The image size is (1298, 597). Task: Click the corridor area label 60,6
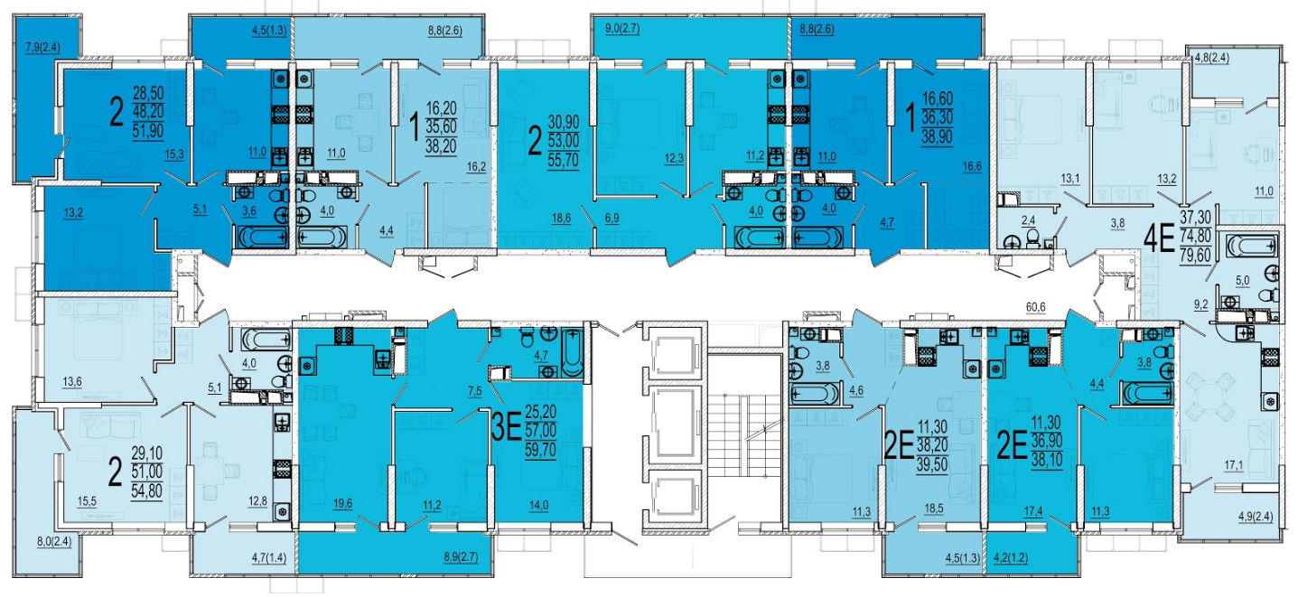[x=1035, y=306]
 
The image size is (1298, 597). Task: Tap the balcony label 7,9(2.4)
[x=42, y=47]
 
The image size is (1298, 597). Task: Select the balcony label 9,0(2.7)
[x=622, y=28]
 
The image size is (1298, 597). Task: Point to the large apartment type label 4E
[x=1158, y=238]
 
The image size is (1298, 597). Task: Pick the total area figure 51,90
[x=148, y=131]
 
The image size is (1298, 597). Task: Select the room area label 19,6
[x=342, y=503]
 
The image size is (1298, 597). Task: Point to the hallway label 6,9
[x=612, y=218]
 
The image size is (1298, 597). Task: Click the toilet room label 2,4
[x=1028, y=220]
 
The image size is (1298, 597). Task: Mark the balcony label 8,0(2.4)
[x=54, y=542]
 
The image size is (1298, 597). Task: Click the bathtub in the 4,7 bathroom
[x=573, y=353]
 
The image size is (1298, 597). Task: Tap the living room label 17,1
[x=1233, y=465]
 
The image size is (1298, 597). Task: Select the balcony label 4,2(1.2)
[x=1011, y=558]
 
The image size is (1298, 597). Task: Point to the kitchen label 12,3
[x=674, y=158]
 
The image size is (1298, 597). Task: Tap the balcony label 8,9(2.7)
[x=461, y=557]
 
